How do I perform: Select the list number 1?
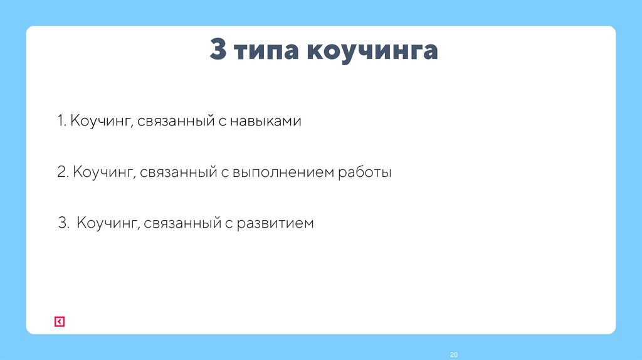(60, 121)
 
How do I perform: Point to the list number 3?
(63, 223)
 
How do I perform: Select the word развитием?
(275, 223)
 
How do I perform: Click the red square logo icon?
(59, 322)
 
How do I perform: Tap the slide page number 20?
(454, 355)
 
